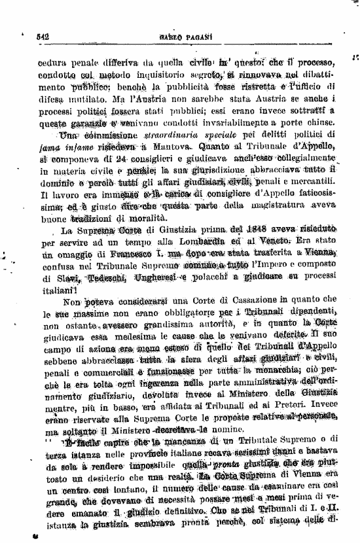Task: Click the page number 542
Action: pyautogui.click(x=44, y=39)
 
